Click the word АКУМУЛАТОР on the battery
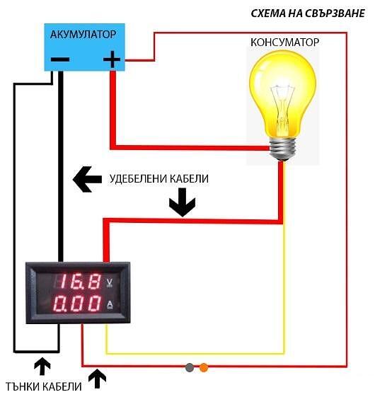(x=83, y=34)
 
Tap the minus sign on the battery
(x=60, y=59)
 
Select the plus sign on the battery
(x=112, y=59)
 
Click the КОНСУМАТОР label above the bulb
(x=284, y=42)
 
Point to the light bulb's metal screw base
(x=283, y=149)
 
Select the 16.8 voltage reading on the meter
(x=79, y=281)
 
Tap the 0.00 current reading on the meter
(x=76, y=303)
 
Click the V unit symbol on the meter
(x=110, y=282)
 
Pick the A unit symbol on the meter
(x=110, y=304)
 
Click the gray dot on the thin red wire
(x=190, y=367)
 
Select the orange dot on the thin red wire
(x=204, y=367)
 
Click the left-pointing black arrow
(x=87, y=179)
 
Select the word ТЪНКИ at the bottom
(x=22, y=386)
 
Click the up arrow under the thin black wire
(x=42, y=366)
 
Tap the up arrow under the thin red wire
(x=97, y=379)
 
